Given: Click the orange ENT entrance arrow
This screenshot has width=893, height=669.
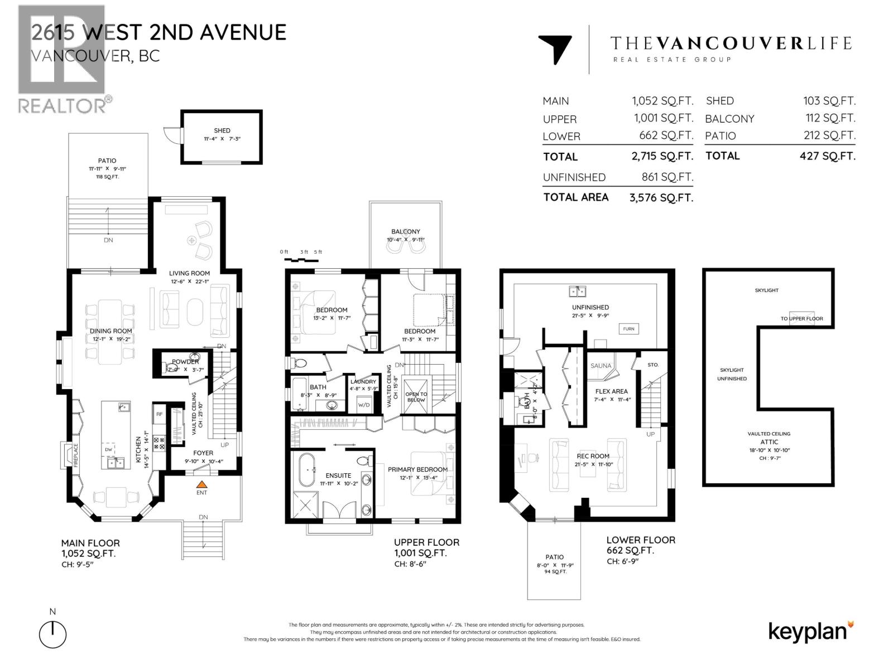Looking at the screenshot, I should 202,484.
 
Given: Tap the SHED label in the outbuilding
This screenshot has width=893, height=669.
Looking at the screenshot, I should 222,130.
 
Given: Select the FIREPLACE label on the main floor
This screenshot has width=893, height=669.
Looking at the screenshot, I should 76,454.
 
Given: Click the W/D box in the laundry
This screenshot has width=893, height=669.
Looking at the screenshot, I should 364,405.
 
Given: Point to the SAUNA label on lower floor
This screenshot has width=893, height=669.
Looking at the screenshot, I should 601,366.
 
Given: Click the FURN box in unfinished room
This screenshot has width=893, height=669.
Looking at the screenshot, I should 628,329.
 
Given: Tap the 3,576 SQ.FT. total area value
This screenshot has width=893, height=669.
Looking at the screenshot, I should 661,197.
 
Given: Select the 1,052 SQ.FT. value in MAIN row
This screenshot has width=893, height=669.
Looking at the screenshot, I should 662,101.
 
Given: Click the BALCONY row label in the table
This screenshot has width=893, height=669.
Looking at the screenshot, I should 729,119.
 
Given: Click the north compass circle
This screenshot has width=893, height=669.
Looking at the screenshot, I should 53,634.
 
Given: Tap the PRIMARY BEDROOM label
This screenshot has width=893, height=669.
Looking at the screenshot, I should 417,469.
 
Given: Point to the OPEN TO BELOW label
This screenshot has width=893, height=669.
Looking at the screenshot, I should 416,397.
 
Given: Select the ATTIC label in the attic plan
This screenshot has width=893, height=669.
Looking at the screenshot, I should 769,442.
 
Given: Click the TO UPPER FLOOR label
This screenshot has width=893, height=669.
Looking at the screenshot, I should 801,319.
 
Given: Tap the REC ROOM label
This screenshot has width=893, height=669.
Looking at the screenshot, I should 593,456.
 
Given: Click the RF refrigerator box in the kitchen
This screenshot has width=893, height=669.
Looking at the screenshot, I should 159,414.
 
